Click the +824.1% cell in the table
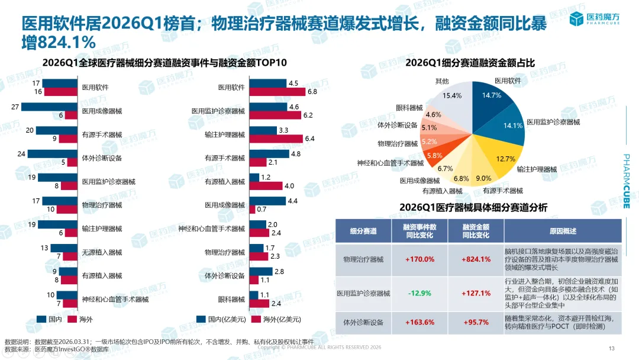pos(477,259)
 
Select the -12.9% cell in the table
pos(420,293)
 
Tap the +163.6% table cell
pos(420,322)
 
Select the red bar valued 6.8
pos(277,92)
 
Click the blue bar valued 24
pos(53,154)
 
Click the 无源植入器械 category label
pos(102,252)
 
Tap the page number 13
pos(612,348)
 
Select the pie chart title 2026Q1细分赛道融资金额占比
pos(471,62)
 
